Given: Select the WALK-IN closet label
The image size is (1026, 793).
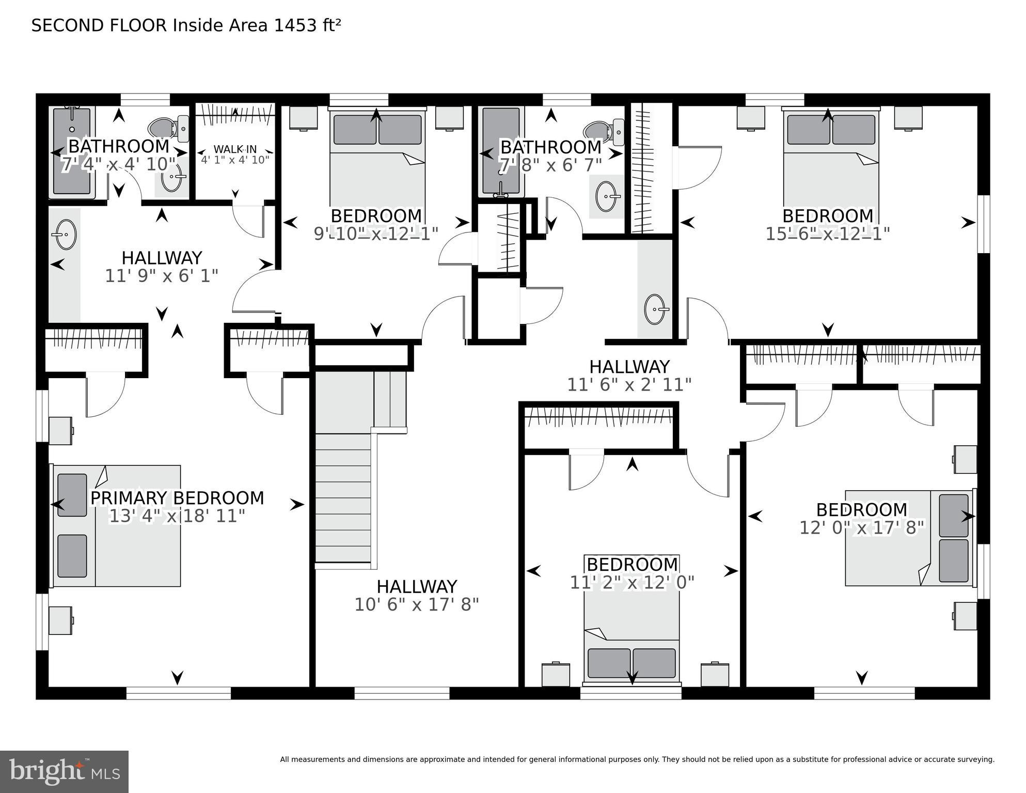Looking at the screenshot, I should point(235,149).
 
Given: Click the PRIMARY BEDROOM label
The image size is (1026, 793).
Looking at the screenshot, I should point(177,498).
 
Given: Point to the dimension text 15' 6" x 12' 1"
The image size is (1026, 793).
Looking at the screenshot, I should point(827,234).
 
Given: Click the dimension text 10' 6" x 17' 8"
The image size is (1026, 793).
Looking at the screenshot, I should point(416,604).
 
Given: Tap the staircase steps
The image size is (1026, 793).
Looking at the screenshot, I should point(343,496).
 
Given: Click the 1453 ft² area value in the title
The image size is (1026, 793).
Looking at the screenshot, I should point(307,26).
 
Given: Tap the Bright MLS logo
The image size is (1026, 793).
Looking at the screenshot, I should point(64,771).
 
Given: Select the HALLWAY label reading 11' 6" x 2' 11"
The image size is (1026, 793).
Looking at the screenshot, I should point(629,367).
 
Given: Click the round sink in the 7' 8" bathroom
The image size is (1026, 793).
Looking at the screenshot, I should point(606,196).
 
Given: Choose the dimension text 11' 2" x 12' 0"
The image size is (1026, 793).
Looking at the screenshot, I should point(632,583).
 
